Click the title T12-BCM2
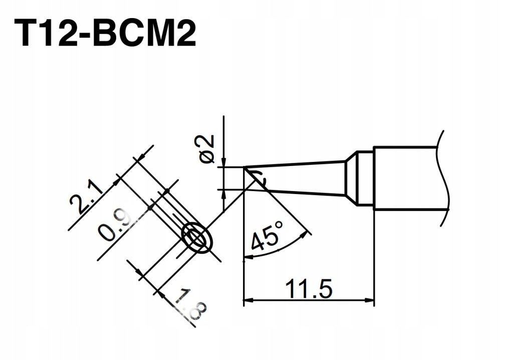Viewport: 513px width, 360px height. [105, 33]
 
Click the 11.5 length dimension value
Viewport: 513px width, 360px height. [309, 288]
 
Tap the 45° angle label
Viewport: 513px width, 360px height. [267, 235]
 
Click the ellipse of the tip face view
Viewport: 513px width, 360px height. [197, 239]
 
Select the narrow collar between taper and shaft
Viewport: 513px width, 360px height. [365, 178]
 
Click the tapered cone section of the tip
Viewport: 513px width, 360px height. [295, 178]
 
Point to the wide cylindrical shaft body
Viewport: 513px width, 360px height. [406, 178]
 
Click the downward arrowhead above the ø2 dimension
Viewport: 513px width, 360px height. [224, 162]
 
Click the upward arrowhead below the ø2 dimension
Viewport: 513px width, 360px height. [224, 194]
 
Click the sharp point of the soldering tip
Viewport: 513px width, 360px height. [244, 167]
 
